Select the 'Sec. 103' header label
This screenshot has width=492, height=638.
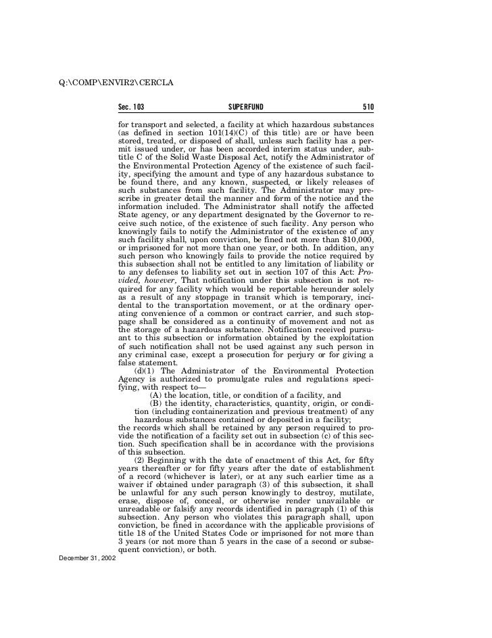coord(132,107)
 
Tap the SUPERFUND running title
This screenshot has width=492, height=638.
coord(246,107)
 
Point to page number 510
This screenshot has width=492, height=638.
coord(368,107)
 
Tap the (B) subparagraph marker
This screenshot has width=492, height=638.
coord(155,405)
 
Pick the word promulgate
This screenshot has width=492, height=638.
coord(224,383)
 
